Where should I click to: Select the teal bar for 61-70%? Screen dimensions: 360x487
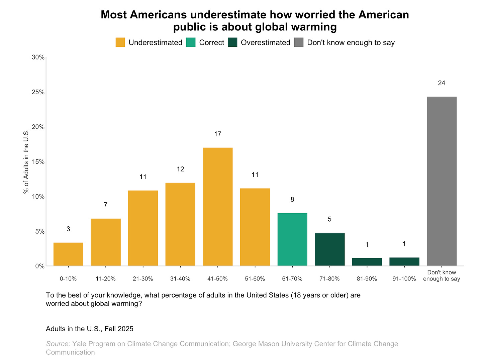pos(292,239)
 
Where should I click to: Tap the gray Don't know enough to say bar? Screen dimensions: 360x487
pos(442,181)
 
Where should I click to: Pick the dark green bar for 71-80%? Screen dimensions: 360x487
pos(329,249)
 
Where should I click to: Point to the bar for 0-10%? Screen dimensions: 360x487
pos(68,254)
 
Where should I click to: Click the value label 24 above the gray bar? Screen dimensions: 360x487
pos(442,83)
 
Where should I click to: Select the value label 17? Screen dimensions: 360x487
pos(217,134)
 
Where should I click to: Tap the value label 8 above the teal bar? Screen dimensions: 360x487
pos(292,200)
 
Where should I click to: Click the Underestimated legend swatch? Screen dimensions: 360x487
pos(120,42)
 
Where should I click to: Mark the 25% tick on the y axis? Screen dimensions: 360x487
pos(38,92)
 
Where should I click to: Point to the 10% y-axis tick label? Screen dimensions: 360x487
pos(38,197)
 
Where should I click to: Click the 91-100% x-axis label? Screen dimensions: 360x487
pos(404,279)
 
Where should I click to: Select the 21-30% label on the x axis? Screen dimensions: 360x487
pos(143,279)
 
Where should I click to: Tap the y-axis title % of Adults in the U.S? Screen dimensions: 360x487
pos(26,162)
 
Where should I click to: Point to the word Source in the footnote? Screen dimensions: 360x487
pos(58,344)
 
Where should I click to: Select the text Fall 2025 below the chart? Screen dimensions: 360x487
pos(119,329)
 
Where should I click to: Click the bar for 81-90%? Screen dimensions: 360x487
pos(367,262)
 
